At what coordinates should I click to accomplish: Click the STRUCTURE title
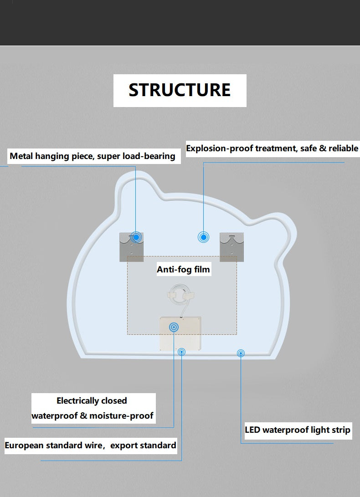[x=180, y=90]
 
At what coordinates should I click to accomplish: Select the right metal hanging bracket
[x=231, y=246]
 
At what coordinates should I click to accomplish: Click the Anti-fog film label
[x=183, y=269]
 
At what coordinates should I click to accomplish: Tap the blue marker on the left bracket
[x=136, y=237]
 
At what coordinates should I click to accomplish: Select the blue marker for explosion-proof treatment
[x=203, y=237]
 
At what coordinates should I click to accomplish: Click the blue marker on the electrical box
[x=174, y=327]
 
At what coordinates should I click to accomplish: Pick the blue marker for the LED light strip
[x=241, y=353]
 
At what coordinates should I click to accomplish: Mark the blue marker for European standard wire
[x=182, y=351]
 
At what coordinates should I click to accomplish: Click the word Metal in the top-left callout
[x=22, y=156]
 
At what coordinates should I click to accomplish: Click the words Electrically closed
[x=92, y=401]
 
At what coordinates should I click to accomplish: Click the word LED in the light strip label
[x=252, y=430]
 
